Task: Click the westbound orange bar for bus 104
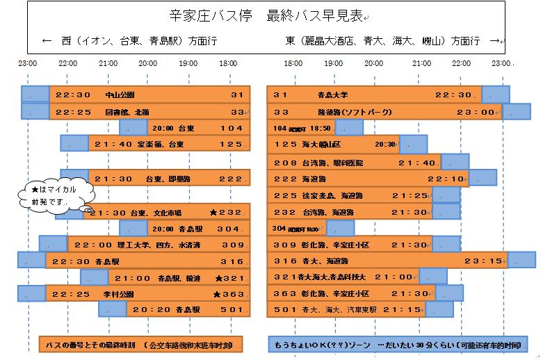(197, 128)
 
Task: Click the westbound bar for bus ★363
(147, 294)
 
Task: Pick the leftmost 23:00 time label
(28, 64)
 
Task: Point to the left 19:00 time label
(188, 64)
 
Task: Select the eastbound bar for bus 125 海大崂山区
(333, 145)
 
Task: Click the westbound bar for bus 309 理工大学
(158, 245)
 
